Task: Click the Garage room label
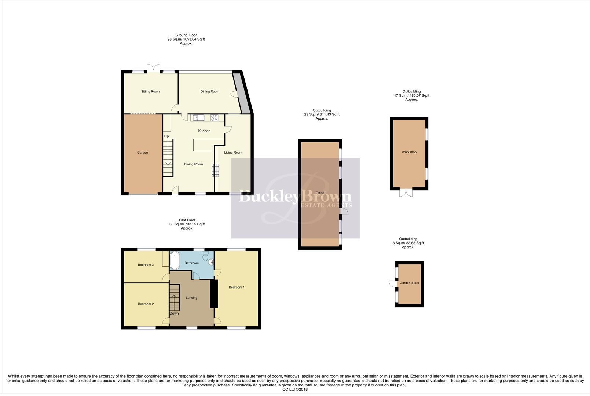(142, 153)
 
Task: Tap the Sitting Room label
(150, 91)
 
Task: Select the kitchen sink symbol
(198, 118)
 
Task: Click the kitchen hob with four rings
(215, 118)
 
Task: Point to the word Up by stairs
(166, 136)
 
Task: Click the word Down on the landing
(174, 313)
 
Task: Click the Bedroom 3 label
(146, 265)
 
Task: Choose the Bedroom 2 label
(146, 304)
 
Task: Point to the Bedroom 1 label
(237, 287)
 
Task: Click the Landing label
(191, 298)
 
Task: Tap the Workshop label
(409, 152)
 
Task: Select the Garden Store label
(409, 283)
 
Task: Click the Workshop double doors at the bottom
(406, 193)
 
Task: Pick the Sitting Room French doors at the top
(154, 68)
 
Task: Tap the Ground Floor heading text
(186, 35)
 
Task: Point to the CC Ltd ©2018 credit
(295, 389)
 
